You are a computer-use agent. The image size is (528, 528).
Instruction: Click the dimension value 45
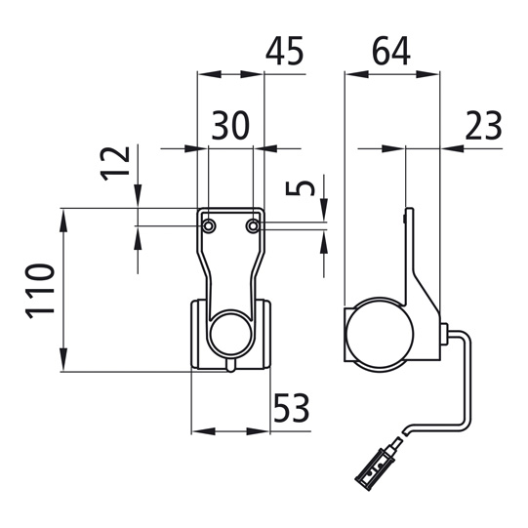(x=285, y=51)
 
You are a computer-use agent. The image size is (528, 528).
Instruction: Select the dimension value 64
(x=391, y=51)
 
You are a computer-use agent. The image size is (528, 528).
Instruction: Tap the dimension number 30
(x=230, y=125)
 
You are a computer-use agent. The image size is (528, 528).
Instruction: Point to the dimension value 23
(x=483, y=125)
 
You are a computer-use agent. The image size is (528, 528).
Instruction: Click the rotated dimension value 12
(x=115, y=164)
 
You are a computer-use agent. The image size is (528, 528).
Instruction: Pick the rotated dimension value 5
(x=300, y=188)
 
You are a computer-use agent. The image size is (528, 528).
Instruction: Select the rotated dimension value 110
(x=39, y=291)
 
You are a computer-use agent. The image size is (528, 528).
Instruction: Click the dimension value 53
(x=291, y=408)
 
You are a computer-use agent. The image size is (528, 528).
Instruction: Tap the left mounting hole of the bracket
(x=209, y=225)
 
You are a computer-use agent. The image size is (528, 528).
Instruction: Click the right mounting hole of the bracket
(x=253, y=225)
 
